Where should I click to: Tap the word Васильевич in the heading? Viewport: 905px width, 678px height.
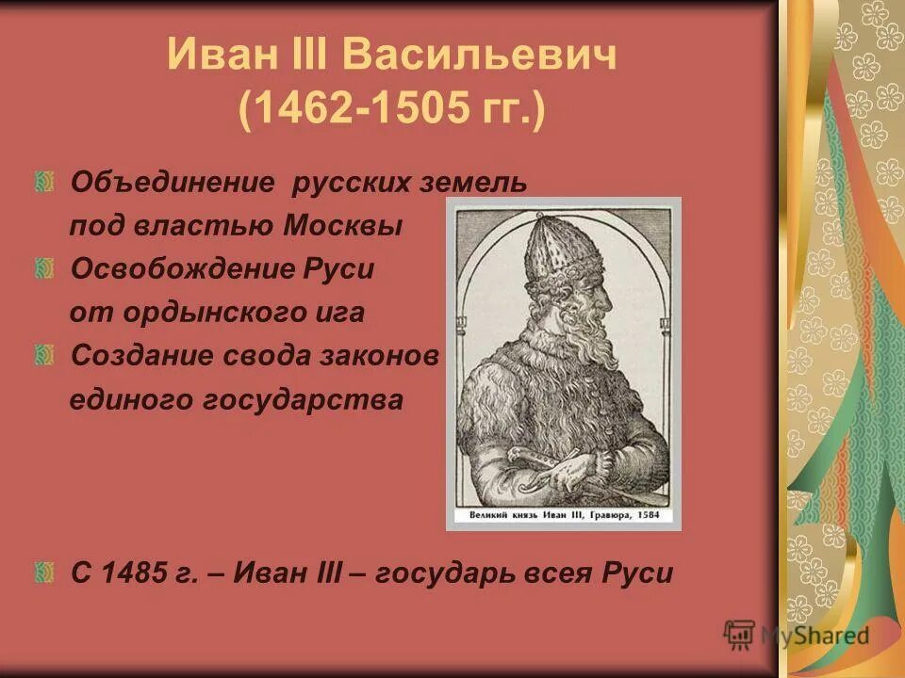(x=480, y=56)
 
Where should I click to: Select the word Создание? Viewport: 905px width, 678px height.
(x=141, y=356)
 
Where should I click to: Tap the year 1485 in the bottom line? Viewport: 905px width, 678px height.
(x=138, y=573)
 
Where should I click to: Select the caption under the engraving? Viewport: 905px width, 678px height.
(x=564, y=516)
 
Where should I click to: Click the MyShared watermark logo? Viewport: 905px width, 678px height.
(x=797, y=635)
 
